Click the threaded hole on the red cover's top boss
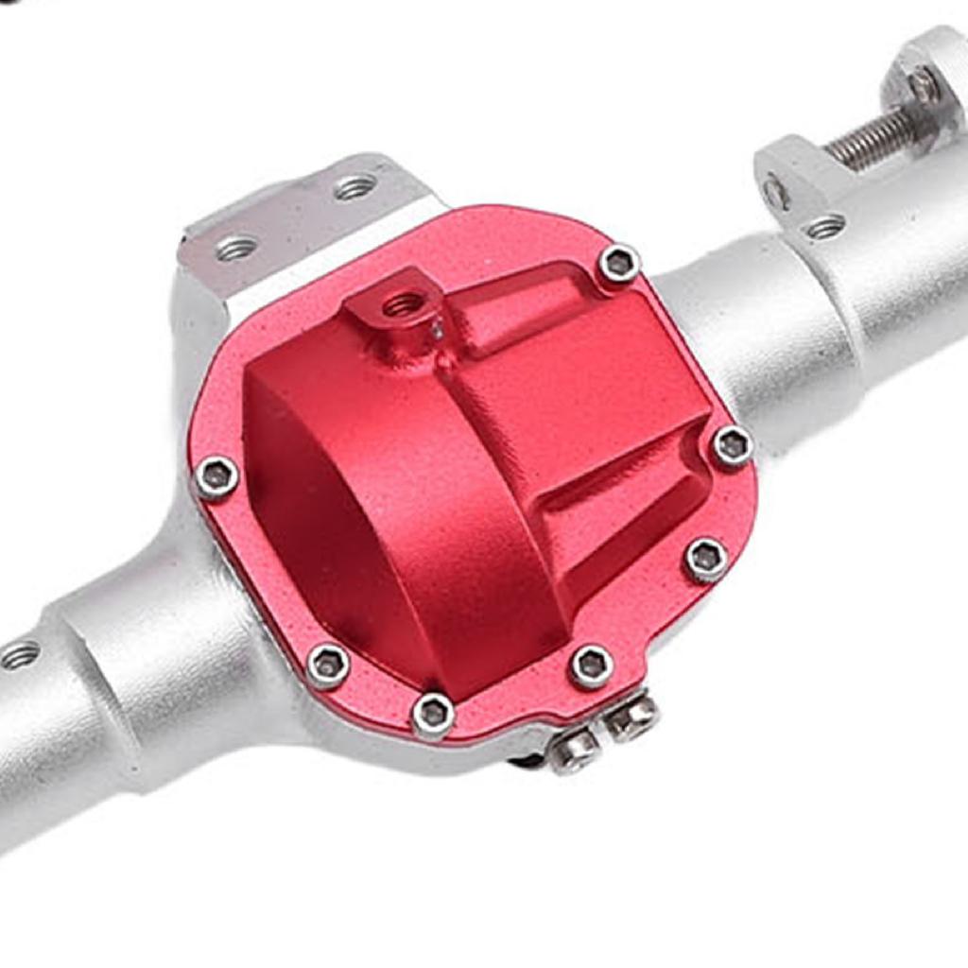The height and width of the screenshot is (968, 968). (404, 304)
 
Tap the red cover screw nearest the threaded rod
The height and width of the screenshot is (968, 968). (619, 264)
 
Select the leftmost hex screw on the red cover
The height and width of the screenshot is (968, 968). (216, 477)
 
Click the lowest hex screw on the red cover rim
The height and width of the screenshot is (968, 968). (433, 715)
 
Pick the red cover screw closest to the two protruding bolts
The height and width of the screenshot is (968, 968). (592, 665)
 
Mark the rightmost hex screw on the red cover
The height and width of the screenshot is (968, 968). (733, 445)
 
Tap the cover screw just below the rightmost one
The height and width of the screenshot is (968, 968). (706, 560)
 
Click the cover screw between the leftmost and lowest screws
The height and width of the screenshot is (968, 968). (328, 665)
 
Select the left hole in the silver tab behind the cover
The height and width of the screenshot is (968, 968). (236, 249)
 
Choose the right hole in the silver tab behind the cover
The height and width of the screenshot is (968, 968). (355, 187)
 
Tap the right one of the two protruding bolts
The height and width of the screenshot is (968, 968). (631, 717)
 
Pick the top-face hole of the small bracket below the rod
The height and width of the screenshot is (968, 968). (826, 226)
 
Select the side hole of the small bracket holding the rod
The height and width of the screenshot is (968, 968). (776, 194)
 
